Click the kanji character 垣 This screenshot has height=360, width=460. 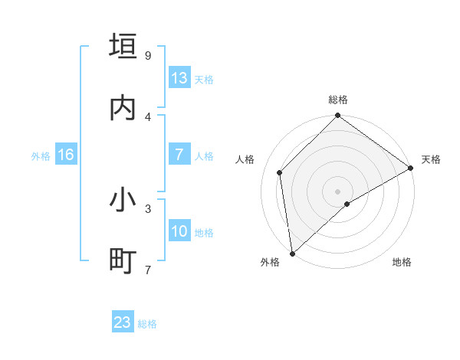pos(123,46)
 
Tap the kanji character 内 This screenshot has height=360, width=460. pos(123,108)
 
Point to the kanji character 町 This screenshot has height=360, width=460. pos(123,261)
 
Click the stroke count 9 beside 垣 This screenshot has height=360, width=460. pos(148,55)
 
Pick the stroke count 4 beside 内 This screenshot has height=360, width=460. pos(148,116)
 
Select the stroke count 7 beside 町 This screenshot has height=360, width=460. pos(148,270)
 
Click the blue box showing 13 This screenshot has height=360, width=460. pos(179,78)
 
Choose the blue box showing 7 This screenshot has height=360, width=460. pos(179,155)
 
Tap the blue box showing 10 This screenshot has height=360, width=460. pos(179,231)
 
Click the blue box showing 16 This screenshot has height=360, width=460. pos(66,155)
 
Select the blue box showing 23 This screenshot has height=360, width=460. pos(123,322)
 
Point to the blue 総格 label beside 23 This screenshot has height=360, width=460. pos(148,324)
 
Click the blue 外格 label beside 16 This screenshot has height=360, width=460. pos(41,156)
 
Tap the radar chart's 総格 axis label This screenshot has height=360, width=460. pos(338,100)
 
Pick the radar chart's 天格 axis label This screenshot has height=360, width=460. pos(431,159)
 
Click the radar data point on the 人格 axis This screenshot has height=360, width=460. pos(280,172)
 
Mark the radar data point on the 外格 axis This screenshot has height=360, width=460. pos(292,254)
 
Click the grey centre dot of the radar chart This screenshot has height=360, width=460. pos(338,191)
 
